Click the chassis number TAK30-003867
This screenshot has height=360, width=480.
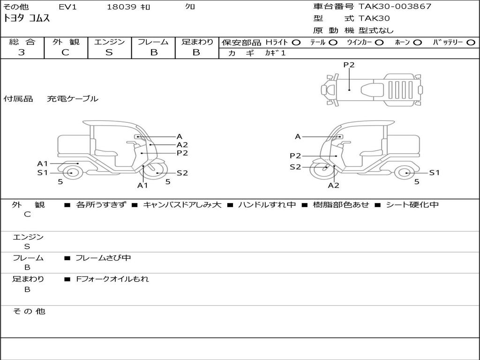[395, 7]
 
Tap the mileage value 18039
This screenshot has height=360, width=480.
[121, 7]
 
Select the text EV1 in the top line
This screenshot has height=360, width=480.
[68, 7]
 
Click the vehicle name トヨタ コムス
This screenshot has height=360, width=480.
[27, 19]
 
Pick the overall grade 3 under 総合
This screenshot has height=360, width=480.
[22, 52]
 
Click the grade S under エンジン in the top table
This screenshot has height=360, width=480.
[109, 52]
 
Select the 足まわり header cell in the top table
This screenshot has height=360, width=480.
[197, 42]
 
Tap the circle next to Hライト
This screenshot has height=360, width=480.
[296, 43]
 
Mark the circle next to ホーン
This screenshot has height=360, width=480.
[417, 43]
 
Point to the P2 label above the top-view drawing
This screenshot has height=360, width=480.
[349, 65]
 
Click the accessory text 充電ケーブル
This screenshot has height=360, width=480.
[73, 99]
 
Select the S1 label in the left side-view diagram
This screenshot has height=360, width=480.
[43, 172]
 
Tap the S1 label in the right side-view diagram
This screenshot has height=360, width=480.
[435, 172]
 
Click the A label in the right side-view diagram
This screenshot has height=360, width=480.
[298, 137]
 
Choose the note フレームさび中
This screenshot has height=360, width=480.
[103, 258]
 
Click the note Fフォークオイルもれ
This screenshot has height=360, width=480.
[112, 279]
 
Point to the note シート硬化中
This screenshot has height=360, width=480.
[412, 205]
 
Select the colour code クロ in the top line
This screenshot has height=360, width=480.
[190, 7]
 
